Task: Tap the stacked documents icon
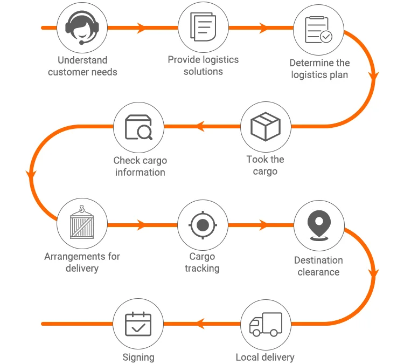click(203, 27)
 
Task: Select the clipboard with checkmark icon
click(318, 30)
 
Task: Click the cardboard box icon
click(266, 126)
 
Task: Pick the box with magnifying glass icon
click(138, 127)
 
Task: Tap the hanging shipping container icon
click(82, 222)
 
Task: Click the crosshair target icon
click(203, 225)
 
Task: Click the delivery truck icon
click(266, 324)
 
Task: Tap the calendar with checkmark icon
click(138, 324)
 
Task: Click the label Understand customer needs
click(82, 66)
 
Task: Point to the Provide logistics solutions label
click(203, 66)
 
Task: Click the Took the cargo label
click(266, 166)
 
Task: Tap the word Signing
click(138, 358)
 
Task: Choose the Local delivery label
click(265, 358)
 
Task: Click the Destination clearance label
click(319, 266)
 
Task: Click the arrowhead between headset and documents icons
click(142, 28)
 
